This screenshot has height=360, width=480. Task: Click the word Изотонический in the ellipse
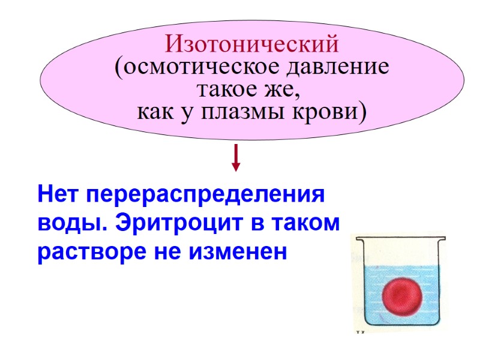tap(252, 44)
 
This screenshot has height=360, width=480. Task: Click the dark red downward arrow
tap(236, 157)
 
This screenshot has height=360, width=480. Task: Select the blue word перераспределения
tap(204, 196)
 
